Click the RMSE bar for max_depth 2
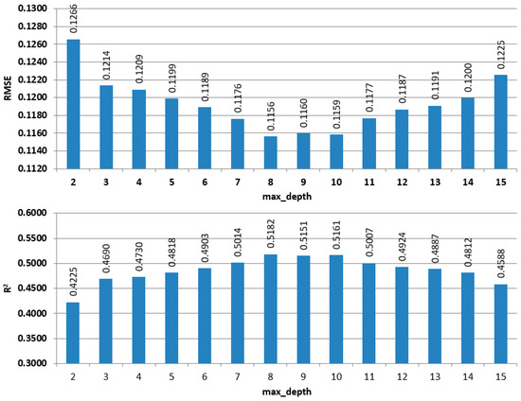(x=73, y=104)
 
